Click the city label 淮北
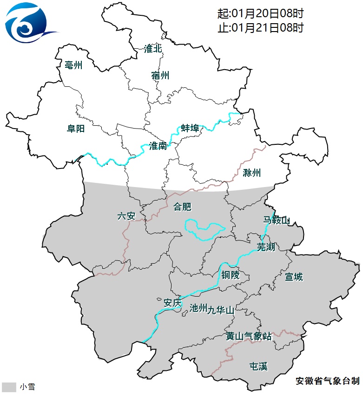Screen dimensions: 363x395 coord(153,49)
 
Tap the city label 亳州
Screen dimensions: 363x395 coord(74,65)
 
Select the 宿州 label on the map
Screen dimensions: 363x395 coord(160,76)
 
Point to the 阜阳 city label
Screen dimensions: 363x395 coord(76,129)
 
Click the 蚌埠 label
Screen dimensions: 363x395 coord(190,129)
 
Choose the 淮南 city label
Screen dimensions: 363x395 coord(158,146)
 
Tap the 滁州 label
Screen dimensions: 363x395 coord(252,174)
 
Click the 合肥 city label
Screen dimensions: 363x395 coord(182,207)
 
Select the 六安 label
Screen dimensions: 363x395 coord(126,216)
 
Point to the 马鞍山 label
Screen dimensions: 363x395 coord(277,220)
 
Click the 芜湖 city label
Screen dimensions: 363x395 coord(266,247)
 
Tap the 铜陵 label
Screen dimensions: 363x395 coord(230,275)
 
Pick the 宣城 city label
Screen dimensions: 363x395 coord(294,277)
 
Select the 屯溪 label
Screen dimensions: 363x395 coord(259,367)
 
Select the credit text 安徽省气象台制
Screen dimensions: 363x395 coord(327,381)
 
